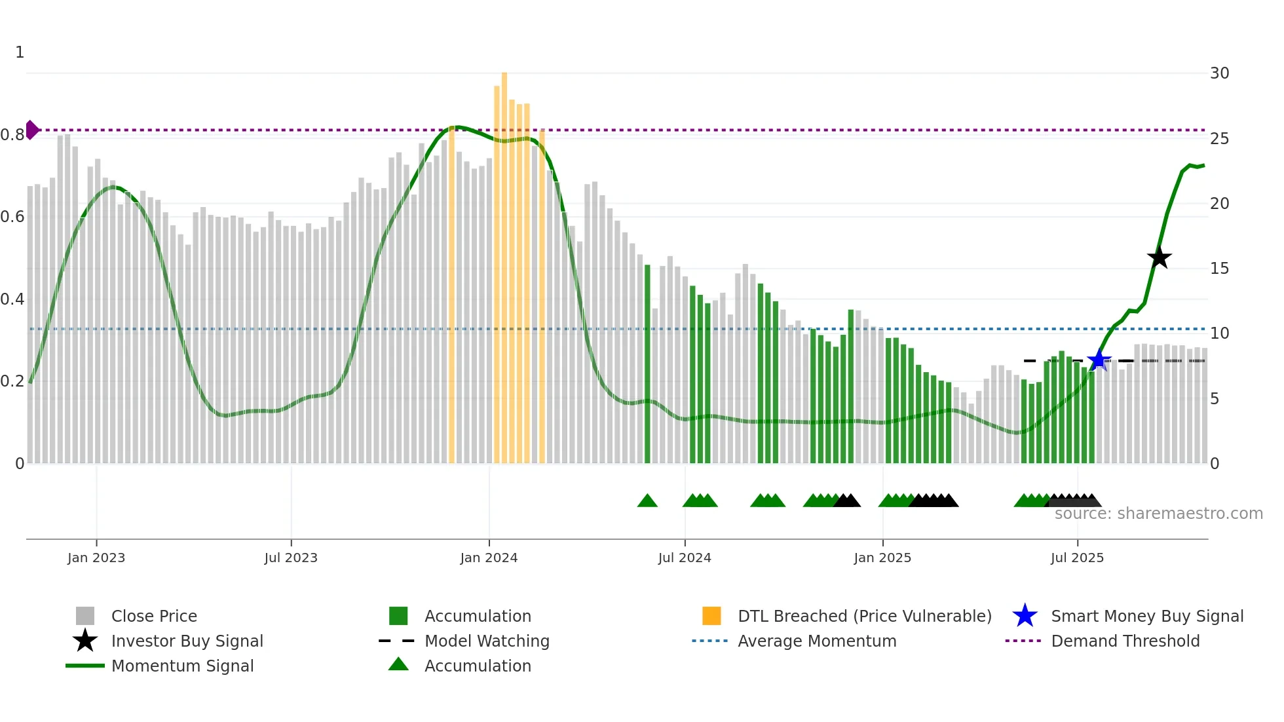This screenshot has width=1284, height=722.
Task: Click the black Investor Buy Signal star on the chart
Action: pos(1159,257)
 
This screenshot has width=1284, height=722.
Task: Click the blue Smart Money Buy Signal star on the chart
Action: pos(1099,360)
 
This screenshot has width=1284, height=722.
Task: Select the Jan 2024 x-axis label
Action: pos(489,558)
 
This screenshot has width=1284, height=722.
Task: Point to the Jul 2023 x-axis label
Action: pos(291,558)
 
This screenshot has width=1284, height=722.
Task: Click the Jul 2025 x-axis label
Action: pos(1077,558)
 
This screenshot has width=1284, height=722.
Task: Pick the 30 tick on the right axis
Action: pos(1219,73)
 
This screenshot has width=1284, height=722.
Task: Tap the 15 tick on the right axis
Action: pos(1219,269)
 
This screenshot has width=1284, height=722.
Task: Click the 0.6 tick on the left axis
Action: pos(12,217)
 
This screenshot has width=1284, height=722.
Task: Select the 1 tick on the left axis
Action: pos(20,52)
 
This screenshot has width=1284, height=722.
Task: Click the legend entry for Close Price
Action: pos(154,616)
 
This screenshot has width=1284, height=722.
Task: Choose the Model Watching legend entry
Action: pos(487,641)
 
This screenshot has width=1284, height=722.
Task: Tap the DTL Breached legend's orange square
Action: pos(711,616)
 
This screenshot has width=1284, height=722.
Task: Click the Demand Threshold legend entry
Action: pos(1125,641)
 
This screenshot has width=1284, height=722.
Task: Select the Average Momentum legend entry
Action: pos(817,641)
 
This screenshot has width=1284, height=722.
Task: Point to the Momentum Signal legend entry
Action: pos(182,666)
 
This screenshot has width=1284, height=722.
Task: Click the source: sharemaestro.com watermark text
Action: pos(1158,514)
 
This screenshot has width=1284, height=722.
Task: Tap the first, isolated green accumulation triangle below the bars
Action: pos(647,501)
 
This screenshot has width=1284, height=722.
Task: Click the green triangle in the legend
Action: pos(398,664)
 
